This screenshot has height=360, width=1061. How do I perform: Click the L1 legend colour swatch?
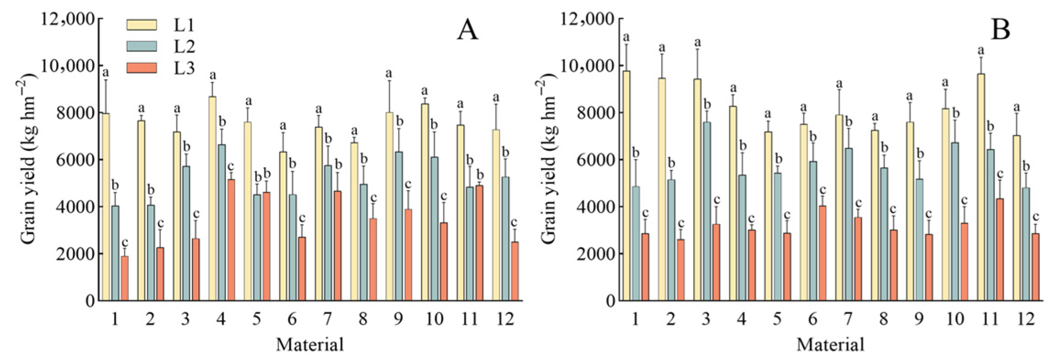point(142,25)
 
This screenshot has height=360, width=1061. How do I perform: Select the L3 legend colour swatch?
point(142,68)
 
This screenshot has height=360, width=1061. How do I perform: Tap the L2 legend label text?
point(184,46)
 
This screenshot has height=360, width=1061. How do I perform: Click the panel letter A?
point(467,31)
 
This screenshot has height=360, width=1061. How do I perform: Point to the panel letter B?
point(1000,31)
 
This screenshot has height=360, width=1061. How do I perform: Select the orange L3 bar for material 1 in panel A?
point(125,278)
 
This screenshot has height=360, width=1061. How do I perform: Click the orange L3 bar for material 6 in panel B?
point(822,253)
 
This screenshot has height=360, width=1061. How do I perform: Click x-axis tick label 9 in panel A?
point(399,319)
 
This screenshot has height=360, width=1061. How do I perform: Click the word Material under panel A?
point(310,344)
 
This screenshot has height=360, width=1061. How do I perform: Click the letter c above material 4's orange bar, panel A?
point(231,166)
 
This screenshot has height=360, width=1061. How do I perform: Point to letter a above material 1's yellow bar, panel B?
point(626,37)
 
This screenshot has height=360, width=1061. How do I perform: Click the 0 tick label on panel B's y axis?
point(611,301)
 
